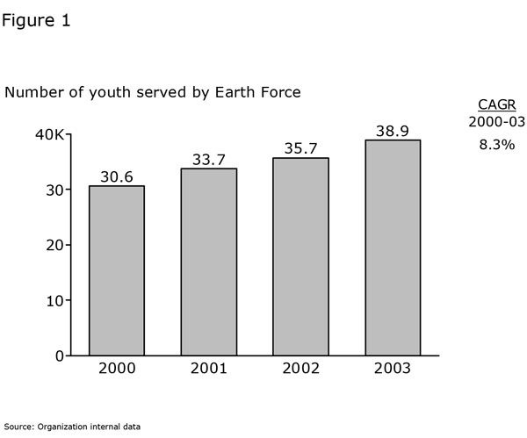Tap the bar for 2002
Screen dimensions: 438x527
click(301, 256)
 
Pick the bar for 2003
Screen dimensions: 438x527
click(393, 248)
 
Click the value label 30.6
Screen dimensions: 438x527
click(117, 176)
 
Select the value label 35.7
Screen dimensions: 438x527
click(301, 148)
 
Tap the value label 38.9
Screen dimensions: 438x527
click(393, 130)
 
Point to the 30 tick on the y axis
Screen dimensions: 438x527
click(54, 190)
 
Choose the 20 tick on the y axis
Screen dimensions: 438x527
click(54, 245)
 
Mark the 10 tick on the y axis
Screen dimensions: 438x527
click(54, 300)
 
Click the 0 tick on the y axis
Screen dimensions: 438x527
click(59, 355)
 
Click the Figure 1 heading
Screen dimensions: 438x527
click(36, 20)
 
